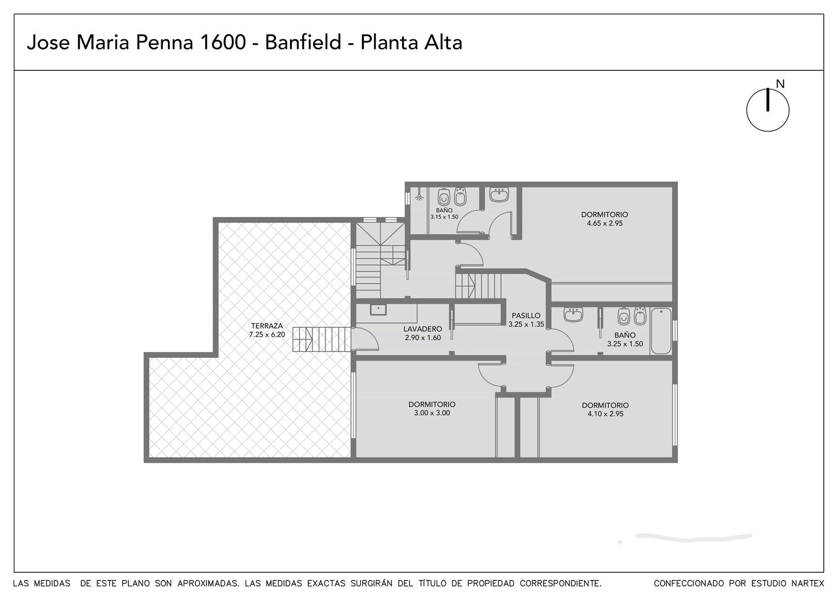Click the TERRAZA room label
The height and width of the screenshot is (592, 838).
267,326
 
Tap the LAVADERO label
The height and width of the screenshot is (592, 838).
423,329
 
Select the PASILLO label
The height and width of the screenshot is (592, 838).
526,316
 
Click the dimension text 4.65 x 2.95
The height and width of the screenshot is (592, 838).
604,223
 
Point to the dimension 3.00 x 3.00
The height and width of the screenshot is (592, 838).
432,413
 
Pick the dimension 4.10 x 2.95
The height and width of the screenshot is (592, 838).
605,414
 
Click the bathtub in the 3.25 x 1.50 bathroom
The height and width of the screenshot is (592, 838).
661,331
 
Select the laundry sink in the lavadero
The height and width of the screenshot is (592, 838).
378,310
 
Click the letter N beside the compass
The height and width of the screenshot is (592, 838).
780,84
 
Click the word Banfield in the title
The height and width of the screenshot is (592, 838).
303,42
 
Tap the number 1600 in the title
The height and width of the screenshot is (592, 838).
223,43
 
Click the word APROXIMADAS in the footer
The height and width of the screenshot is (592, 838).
208,583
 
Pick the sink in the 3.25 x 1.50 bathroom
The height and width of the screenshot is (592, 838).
573,315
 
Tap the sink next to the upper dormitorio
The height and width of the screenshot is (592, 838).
499,195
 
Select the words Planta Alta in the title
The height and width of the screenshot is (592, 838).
411,42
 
